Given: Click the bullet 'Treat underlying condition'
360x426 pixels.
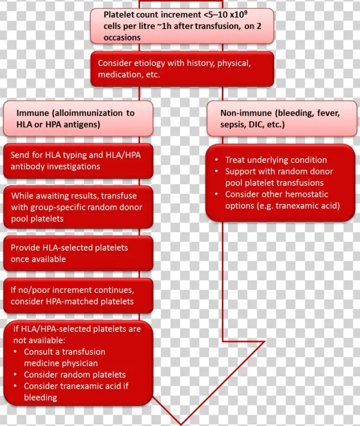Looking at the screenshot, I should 275,160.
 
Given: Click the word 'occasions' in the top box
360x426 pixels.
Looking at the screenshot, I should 124,37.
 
